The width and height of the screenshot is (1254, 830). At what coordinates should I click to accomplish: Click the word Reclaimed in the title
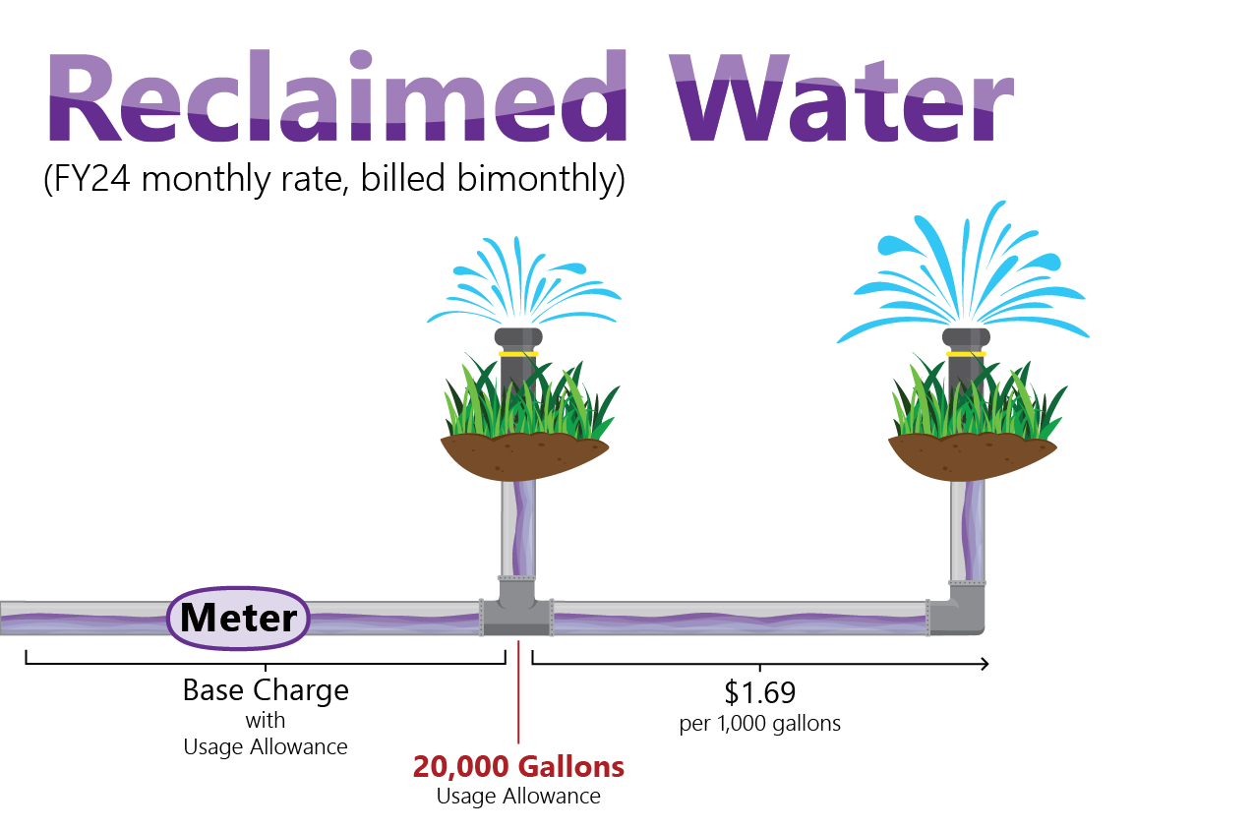pyautogui.click(x=337, y=95)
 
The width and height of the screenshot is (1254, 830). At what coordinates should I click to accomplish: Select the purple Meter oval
pyautogui.click(x=238, y=618)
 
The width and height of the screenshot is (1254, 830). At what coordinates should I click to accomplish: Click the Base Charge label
pyautogui.click(x=266, y=690)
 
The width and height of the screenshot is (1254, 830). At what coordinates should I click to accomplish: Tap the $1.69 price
pyautogui.click(x=759, y=693)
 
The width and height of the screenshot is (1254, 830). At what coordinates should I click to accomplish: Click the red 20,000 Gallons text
pyautogui.click(x=518, y=767)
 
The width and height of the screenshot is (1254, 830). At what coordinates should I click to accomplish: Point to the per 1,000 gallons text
pyautogui.click(x=759, y=724)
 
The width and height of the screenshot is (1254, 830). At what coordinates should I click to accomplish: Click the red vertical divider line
pyautogui.click(x=518, y=691)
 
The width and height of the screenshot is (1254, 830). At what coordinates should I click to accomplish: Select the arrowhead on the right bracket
pyautogui.click(x=985, y=665)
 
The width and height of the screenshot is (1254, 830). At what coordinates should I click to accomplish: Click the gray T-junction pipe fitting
pyautogui.click(x=516, y=609)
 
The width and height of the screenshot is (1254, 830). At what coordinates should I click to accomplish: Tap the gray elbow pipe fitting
pyautogui.click(x=956, y=609)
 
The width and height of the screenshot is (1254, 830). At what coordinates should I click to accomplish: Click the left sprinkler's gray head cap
pyautogui.click(x=518, y=337)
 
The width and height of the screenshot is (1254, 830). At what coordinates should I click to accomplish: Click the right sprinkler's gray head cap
pyautogui.click(x=966, y=337)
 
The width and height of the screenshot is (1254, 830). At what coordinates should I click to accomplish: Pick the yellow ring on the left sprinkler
pyautogui.click(x=518, y=354)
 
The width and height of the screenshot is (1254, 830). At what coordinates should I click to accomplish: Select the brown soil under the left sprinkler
pyautogui.click(x=523, y=455)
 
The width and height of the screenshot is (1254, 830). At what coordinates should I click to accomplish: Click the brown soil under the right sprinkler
pyautogui.click(x=972, y=455)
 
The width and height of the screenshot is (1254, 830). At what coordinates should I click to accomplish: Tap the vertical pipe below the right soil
pyautogui.click(x=968, y=531)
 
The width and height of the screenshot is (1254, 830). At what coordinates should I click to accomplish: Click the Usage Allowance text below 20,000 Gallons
pyautogui.click(x=518, y=797)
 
